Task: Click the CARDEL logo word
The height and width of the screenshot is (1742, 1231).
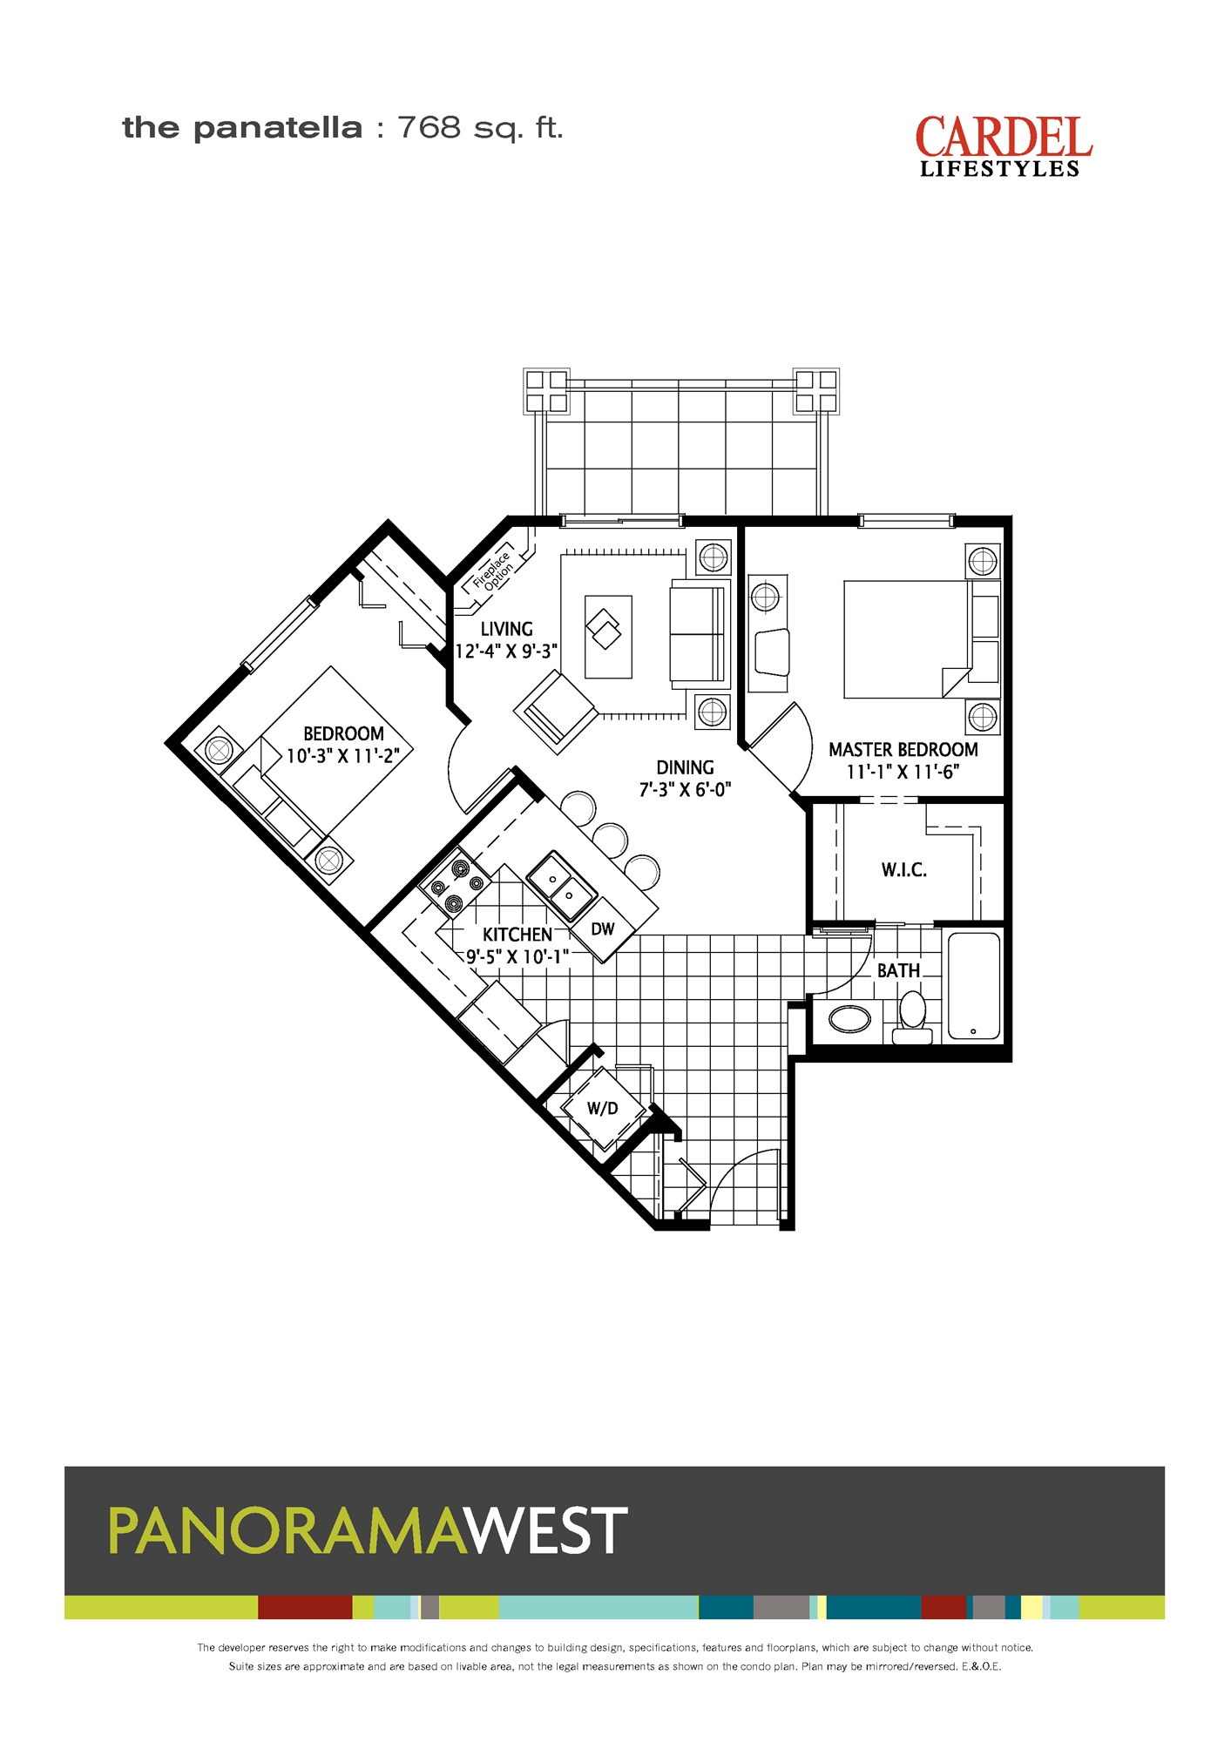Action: pos(1004,138)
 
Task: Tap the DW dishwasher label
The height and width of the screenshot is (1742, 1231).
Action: pos(603,929)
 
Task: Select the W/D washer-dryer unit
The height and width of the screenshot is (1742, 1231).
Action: pos(603,1109)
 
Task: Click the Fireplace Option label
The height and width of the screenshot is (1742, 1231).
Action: pos(493,570)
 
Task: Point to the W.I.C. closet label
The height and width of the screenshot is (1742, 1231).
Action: pos(904,869)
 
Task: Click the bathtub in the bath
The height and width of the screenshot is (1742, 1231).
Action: pos(974,986)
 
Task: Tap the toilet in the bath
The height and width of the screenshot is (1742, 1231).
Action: pos(912,1018)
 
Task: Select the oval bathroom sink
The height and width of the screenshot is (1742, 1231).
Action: pos(849,1019)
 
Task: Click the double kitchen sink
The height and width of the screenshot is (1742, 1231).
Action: pos(562,886)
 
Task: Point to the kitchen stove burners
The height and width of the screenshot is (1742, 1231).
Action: pos(455,885)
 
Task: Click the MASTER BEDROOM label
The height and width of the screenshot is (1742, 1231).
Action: pos(903,750)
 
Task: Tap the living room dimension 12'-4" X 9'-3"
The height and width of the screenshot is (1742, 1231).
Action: pos(506,652)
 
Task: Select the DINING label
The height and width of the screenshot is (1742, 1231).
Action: pos(685,767)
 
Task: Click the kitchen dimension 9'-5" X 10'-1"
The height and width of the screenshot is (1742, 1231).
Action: pos(517,956)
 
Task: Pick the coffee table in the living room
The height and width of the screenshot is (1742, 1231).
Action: pos(608,637)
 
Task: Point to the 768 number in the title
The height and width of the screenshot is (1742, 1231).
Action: pos(429,128)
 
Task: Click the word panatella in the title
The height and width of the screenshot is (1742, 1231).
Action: pos(277,129)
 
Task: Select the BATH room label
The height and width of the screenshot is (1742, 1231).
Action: pos(898,970)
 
